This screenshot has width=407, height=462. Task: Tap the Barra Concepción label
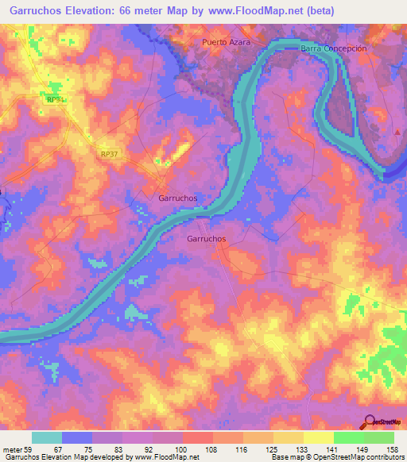coord(334,48)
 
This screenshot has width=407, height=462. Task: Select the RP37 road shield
coord(110,154)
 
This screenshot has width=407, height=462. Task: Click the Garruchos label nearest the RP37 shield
coord(178,198)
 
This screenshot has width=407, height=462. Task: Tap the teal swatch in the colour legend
coord(47,437)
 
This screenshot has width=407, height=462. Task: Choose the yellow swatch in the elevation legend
coord(318,437)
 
